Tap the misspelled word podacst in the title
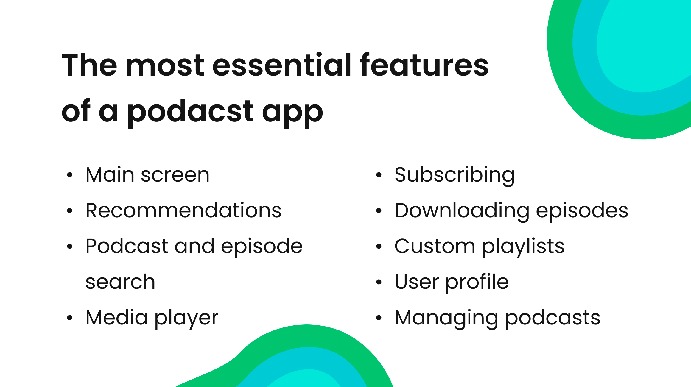pyautogui.click(x=190, y=112)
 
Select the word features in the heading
pyautogui.click(x=424, y=65)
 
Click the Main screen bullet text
pyautogui.click(x=147, y=175)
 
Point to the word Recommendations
pyautogui.click(x=183, y=210)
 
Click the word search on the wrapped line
pyautogui.click(x=120, y=282)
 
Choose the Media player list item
pyautogui.click(x=152, y=318)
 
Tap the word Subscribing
pyautogui.click(x=455, y=175)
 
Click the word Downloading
pyautogui.click(x=462, y=210)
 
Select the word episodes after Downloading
pyautogui.click(x=582, y=210)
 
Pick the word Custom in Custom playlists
pyautogui.click(x=435, y=246)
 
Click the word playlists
pyautogui.click(x=523, y=246)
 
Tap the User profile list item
pyautogui.click(x=452, y=282)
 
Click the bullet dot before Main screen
pyautogui.click(x=70, y=175)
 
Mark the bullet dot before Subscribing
pyautogui.click(x=379, y=175)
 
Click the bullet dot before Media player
pyautogui.click(x=70, y=318)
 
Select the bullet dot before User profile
pyautogui.click(x=379, y=282)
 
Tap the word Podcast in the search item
pyautogui.click(x=127, y=246)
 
